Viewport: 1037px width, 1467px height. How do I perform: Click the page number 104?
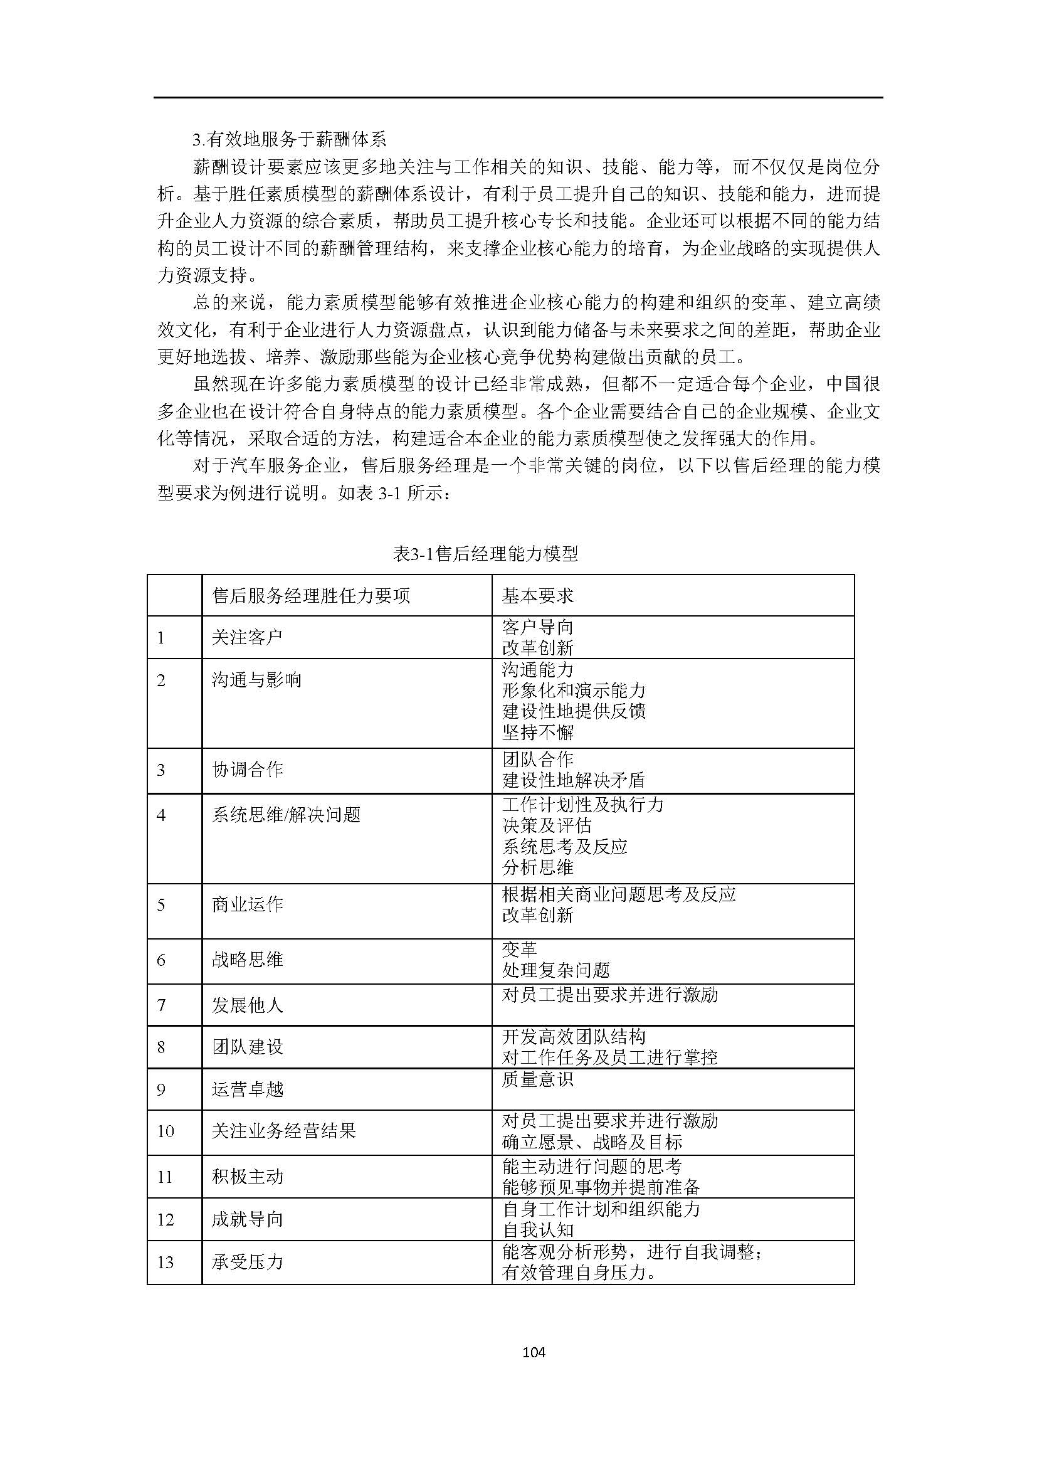click(533, 1369)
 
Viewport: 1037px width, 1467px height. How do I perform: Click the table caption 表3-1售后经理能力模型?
click(485, 554)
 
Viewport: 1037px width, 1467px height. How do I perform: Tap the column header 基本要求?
click(538, 595)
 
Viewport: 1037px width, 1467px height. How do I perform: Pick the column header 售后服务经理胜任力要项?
click(310, 595)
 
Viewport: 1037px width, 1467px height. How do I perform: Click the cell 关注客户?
click(246, 637)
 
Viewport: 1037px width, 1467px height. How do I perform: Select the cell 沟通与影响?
click(256, 679)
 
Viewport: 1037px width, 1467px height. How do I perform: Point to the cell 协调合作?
click(246, 770)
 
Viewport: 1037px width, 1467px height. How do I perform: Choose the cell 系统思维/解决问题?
click(286, 815)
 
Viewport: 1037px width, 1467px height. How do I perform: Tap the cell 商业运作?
click(246, 904)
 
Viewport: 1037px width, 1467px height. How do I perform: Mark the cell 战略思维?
click(246, 959)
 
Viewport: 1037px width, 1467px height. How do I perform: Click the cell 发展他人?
click(246, 1005)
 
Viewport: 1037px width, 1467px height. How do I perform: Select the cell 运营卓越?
click(246, 1089)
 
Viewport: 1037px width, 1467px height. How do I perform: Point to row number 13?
click(166, 1262)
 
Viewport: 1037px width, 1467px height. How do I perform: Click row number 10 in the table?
click(166, 1131)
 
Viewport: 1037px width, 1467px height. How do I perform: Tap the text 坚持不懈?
click(538, 731)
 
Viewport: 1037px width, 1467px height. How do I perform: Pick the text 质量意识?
click(538, 1079)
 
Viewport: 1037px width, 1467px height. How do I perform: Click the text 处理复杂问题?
click(555, 970)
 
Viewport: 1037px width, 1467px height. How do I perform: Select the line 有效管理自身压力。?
click(579, 1273)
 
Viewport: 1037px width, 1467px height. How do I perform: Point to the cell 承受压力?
click(246, 1262)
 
